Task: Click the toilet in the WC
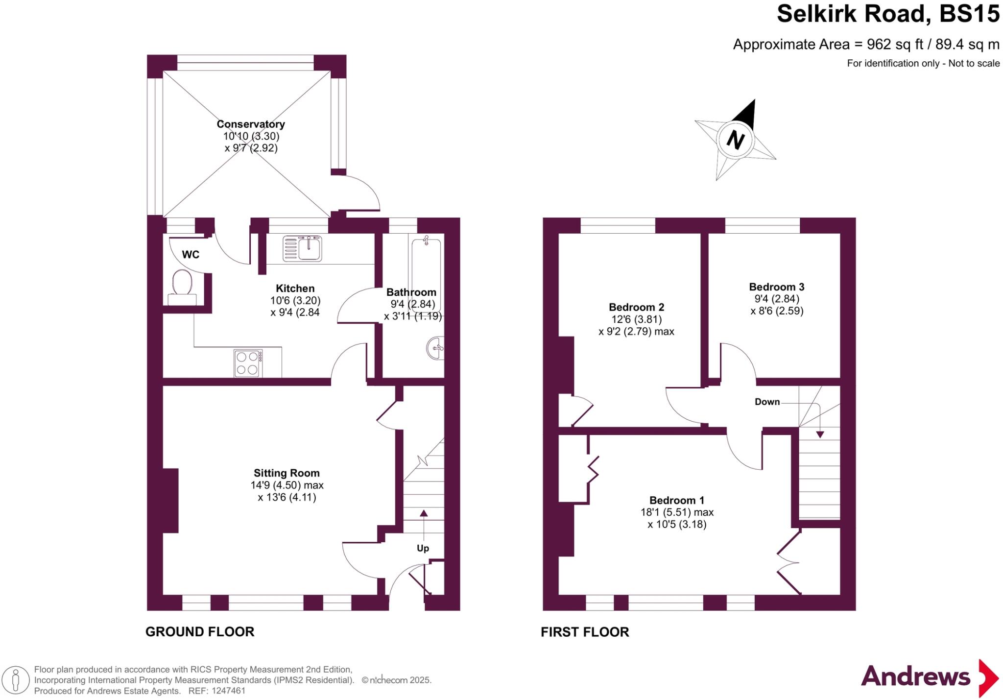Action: (x=182, y=284)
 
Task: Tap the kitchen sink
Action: (x=303, y=248)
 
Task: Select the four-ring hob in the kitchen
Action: (x=248, y=363)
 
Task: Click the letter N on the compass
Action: (x=735, y=140)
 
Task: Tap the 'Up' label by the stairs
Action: (x=423, y=548)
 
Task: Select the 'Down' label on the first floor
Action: (x=767, y=402)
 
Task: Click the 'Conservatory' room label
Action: (x=251, y=124)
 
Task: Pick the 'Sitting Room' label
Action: (x=287, y=473)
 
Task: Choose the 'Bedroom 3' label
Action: (x=777, y=287)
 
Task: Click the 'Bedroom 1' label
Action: (x=677, y=500)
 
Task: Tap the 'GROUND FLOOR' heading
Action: (x=200, y=632)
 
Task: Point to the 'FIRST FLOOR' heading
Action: (x=585, y=632)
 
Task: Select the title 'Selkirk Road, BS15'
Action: (x=887, y=14)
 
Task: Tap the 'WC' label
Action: (x=191, y=255)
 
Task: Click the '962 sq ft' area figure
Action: (x=895, y=45)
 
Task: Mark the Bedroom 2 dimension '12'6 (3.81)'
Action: (x=636, y=319)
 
